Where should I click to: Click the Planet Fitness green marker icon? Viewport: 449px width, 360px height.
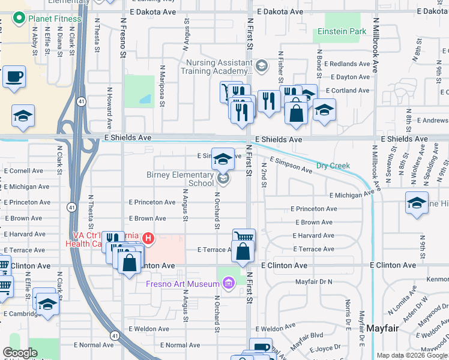19,19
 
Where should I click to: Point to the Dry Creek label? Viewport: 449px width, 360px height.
333,166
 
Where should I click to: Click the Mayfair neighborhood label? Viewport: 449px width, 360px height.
383,328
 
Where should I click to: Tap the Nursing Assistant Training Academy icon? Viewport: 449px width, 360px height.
262,65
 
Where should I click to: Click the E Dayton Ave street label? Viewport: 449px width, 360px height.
348,77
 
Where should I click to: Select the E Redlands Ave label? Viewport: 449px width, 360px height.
347,64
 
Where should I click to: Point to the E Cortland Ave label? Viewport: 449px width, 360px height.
348,91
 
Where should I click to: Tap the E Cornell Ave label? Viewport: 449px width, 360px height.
23,170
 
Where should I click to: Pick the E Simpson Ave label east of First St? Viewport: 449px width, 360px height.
291,166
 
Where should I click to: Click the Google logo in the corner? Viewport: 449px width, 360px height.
20,353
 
